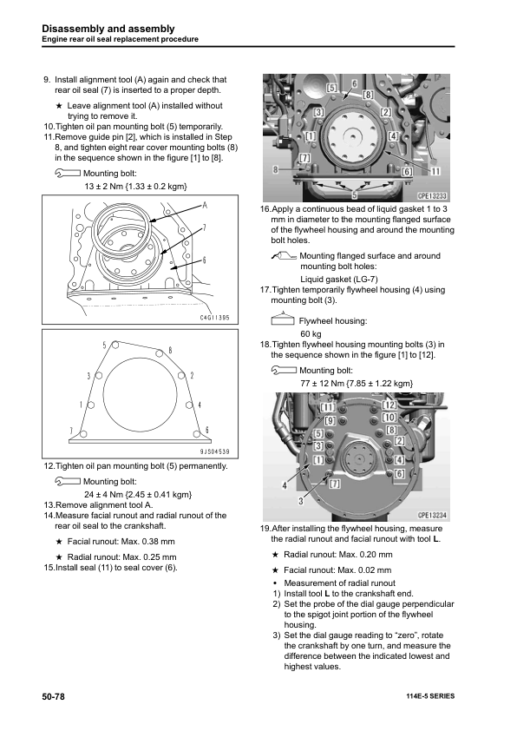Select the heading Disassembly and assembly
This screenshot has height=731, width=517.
[108, 29]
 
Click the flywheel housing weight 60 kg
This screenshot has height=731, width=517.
[311, 333]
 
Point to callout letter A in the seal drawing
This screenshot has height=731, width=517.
[205, 206]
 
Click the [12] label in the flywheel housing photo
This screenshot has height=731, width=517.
[389, 405]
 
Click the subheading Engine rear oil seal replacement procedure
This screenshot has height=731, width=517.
[121, 40]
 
